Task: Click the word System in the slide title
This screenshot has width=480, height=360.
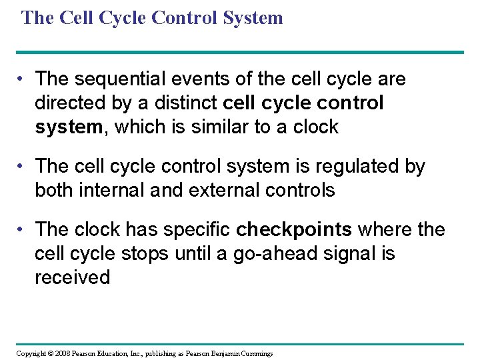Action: click(251, 18)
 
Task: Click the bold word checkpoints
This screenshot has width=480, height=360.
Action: click(294, 229)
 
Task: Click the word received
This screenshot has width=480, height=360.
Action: click(72, 277)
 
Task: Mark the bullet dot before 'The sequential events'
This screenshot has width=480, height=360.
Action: click(22, 80)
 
